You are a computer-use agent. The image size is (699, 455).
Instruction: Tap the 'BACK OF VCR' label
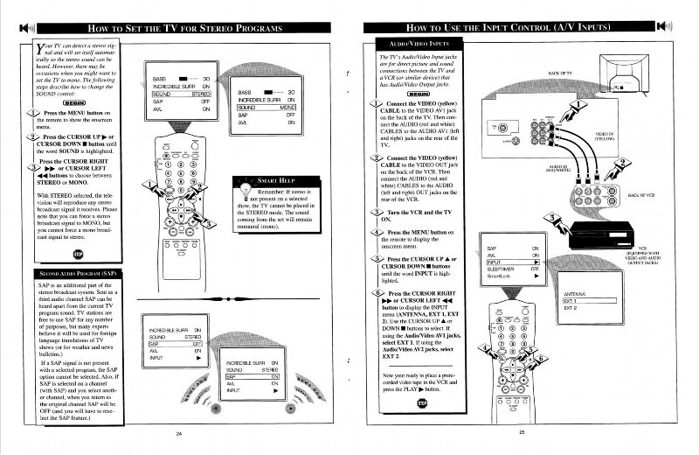coord(642,196)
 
